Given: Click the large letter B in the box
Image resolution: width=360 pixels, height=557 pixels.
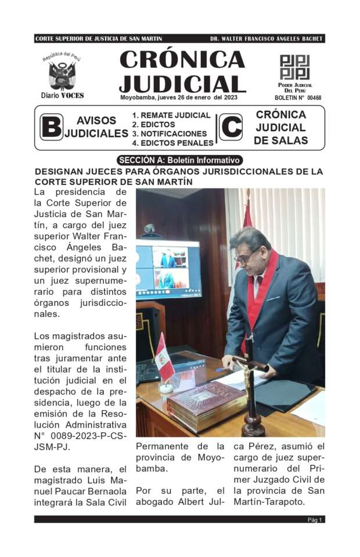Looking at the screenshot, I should (x=51, y=127).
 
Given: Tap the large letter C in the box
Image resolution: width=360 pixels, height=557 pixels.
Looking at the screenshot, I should (x=231, y=127).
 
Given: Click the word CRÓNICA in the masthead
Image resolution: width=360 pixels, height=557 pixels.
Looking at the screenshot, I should (x=182, y=60).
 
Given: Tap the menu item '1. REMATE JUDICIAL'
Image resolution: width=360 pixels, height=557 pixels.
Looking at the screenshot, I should (x=171, y=115).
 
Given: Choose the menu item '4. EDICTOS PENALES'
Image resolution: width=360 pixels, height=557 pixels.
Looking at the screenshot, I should (x=172, y=143).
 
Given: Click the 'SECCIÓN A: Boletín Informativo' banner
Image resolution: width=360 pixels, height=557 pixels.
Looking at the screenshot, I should (x=179, y=160).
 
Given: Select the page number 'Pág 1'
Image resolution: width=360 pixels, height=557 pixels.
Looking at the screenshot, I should (x=315, y=520).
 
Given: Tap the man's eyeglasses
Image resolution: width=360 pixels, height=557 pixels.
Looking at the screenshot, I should (x=246, y=256).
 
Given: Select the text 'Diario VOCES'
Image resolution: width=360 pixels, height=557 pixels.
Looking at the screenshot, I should (x=62, y=95).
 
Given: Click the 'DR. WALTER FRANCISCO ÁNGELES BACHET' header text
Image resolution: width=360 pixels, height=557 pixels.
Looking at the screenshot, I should (x=266, y=39).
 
